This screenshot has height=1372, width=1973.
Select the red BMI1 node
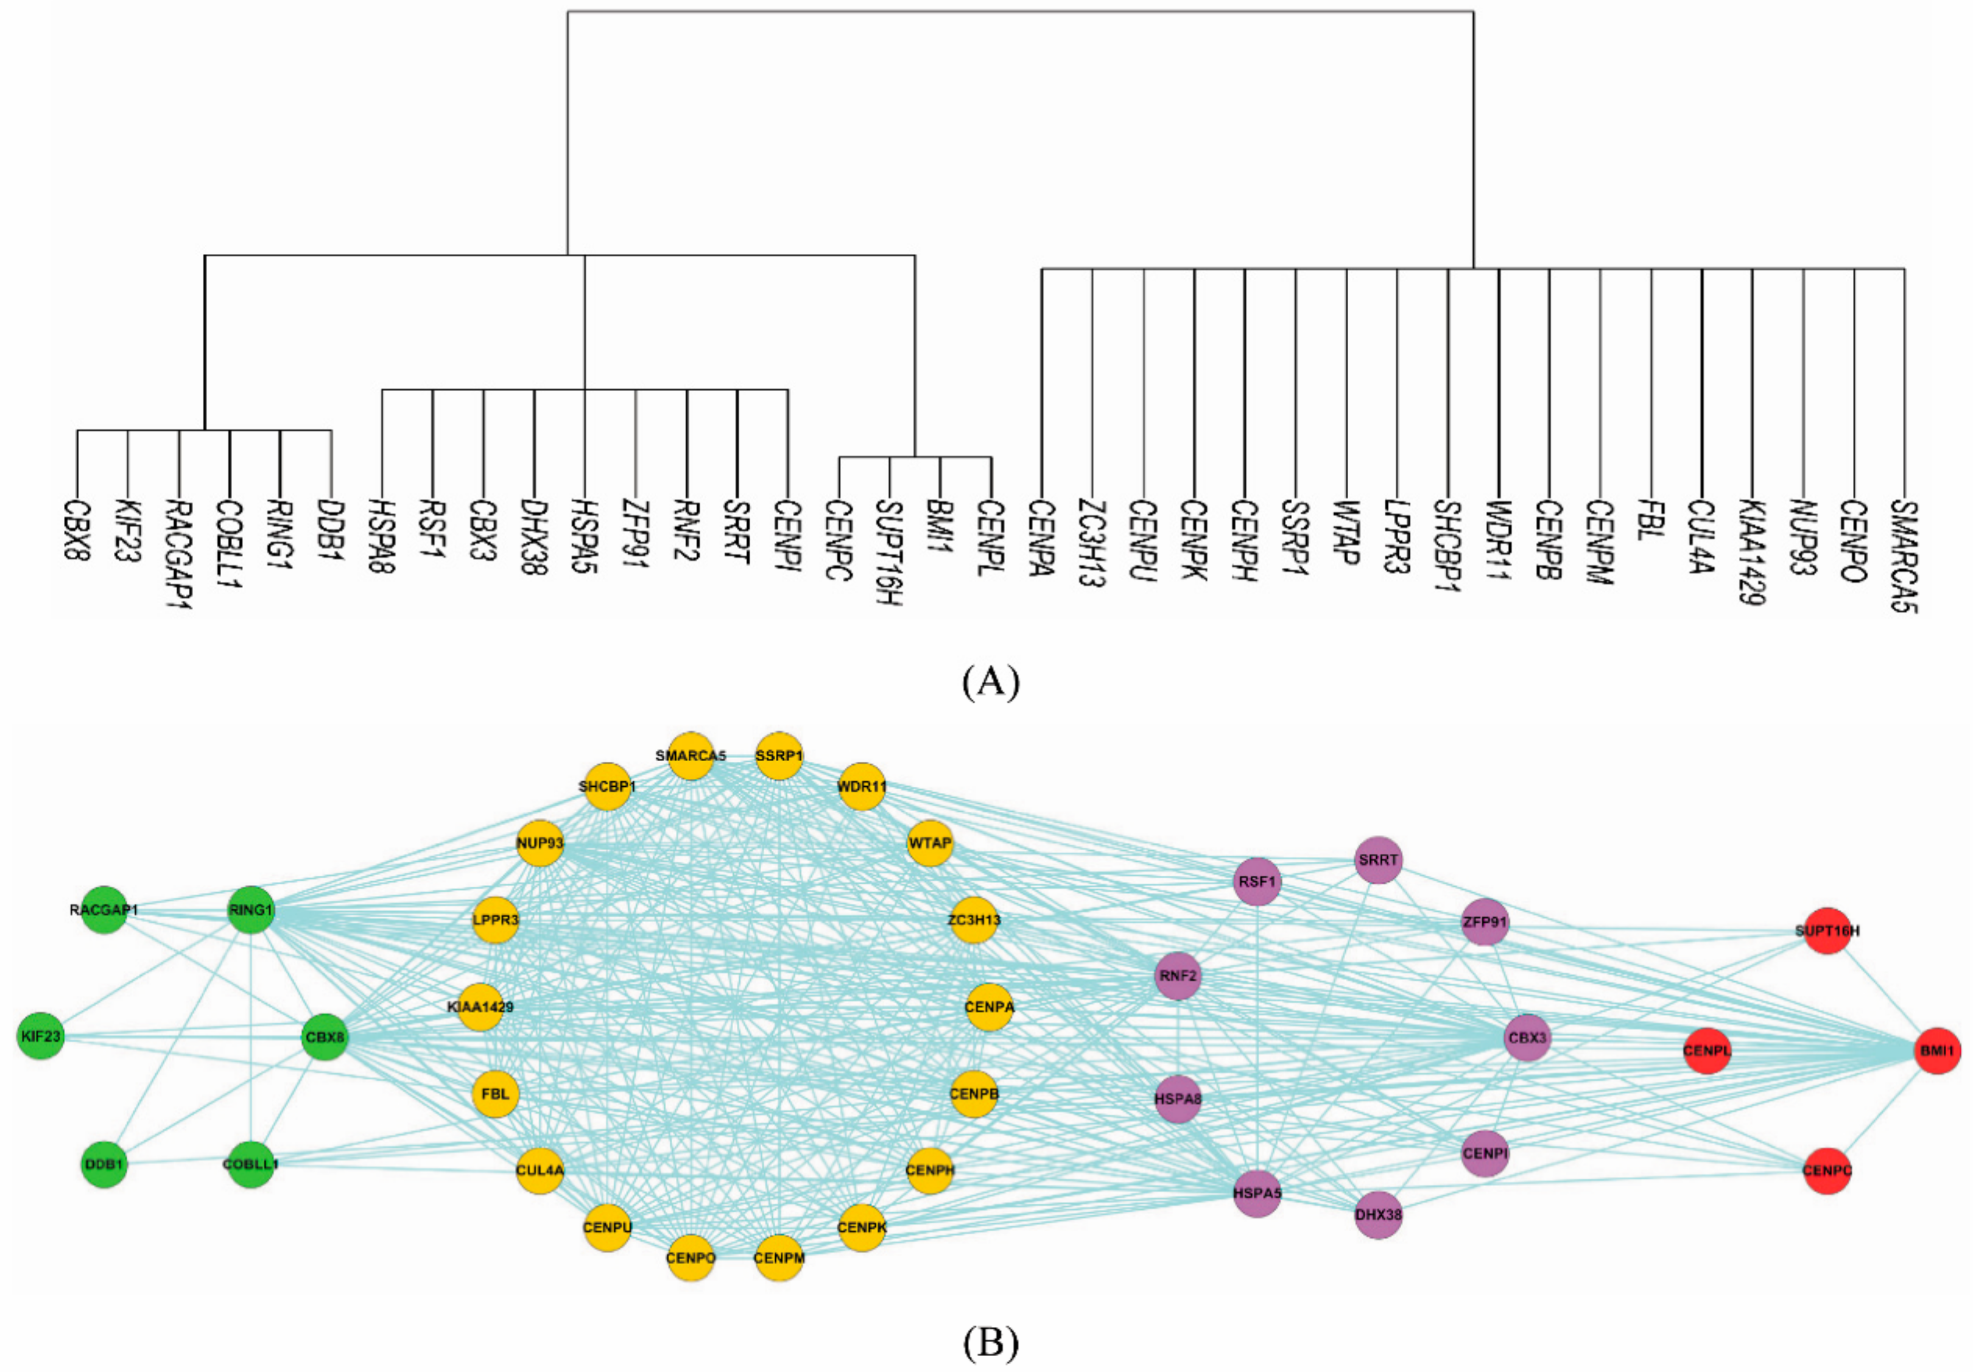click(x=1938, y=1050)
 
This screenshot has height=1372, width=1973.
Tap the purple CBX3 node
click(x=1527, y=1037)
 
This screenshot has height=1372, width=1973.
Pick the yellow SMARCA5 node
click(x=691, y=756)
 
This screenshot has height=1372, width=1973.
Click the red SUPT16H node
click(x=1827, y=930)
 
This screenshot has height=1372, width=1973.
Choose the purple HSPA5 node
click(x=1257, y=1192)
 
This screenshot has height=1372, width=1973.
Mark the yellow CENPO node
click(x=691, y=1258)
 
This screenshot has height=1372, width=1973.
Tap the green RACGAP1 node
click(x=104, y=909)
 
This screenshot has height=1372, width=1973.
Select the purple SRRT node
click(x=1378, y=859)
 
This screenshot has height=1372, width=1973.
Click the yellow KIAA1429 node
click(x=480, y=1006)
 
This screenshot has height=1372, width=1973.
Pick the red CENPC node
click(x=1827, y=1170)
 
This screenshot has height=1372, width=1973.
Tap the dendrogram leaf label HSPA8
click(x=382, y=537)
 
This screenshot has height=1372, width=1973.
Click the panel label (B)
click(x=991, y=1342)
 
